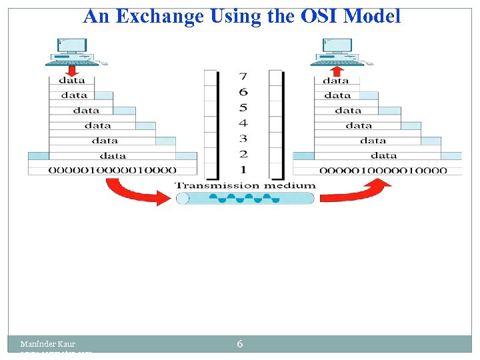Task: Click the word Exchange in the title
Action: click(x=161, y=16)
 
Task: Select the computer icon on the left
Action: click(x=72, y=51)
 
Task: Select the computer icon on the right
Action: click(x=337, y=51)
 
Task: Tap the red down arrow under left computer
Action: click(x=72, y=70)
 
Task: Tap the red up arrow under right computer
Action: click(x=337, y=70)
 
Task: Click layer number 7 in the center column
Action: click(x=243, y=77)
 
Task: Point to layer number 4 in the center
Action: click(x=243, y=123)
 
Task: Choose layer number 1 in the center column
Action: click(x=243, y=169)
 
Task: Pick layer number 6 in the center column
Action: click(x=243, y=92)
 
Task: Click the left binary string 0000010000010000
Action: click(x=112, y=170)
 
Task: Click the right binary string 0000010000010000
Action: click(x=383, y=170)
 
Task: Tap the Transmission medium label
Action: click(x=245, y=185)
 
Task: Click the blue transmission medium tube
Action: click(x=245, y=198)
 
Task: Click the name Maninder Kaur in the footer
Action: click(x=47, y=344)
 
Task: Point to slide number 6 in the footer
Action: click(x=239, y=344)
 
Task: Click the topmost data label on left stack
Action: click(x=72, y=80)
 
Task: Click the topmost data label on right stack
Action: click(x=336, y=80)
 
